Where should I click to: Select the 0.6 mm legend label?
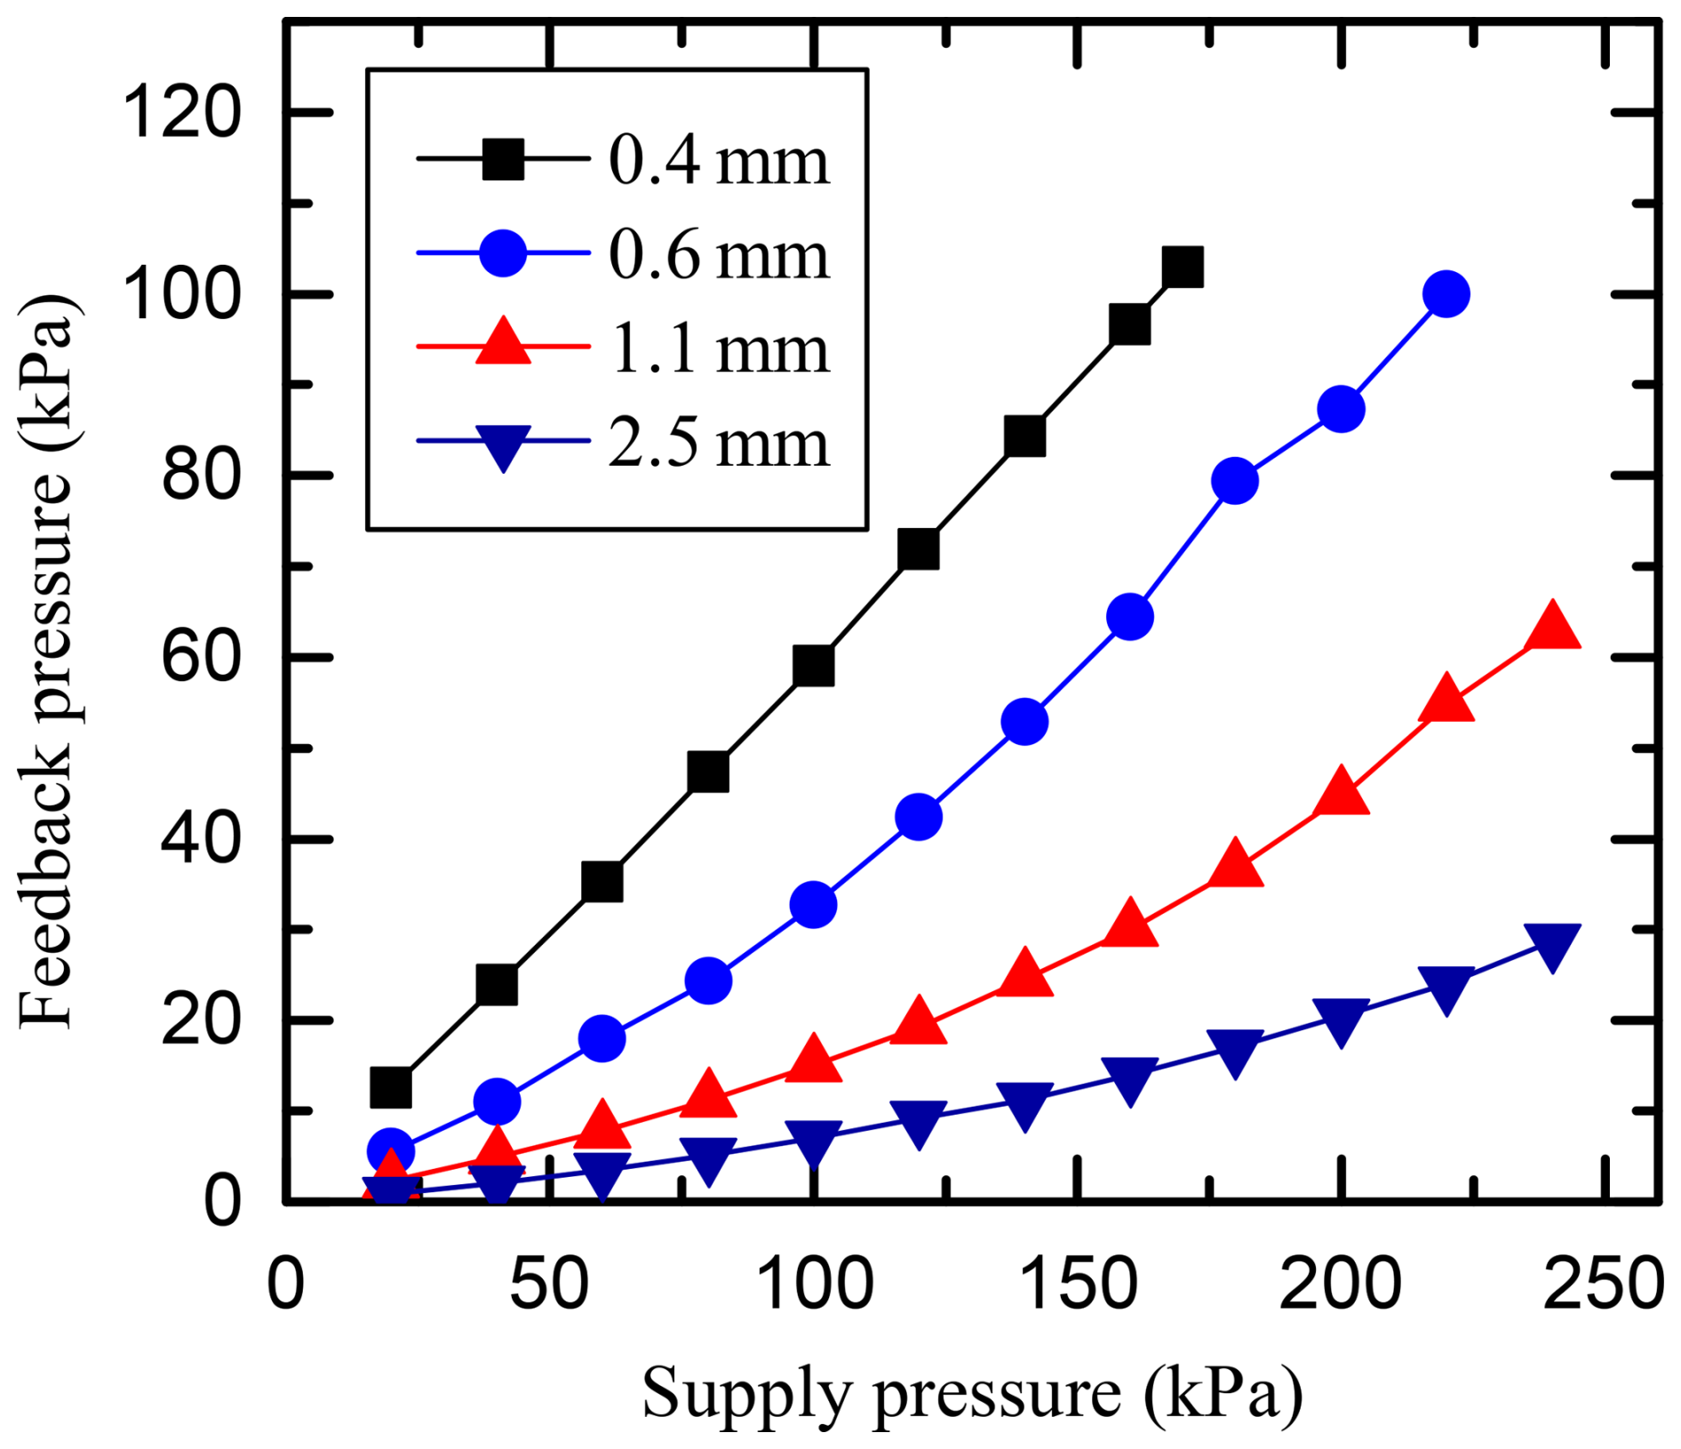pyautogui.click(x=718, y=255)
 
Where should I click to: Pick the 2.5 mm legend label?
pyautogui.click(x=718, y=443)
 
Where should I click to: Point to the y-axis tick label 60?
pyautogui.click(x=201, y=659)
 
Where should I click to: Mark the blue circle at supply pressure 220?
pyautogui.click(x=1446, y=294)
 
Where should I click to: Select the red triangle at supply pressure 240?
pyautogui.click(x=1551, y=627)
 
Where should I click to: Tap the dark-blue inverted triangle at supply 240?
pyautogui.click(x=1551, y=946)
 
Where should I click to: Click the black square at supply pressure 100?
pyautogui.click(x=813, y=666)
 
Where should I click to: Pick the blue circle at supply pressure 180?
pyautogui.click(x=1234, y=481)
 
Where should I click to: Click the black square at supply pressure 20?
pyautogui.click(x=391, y=1087)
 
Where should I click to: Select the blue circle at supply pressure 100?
pyautogui.click(x=813, y=904)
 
